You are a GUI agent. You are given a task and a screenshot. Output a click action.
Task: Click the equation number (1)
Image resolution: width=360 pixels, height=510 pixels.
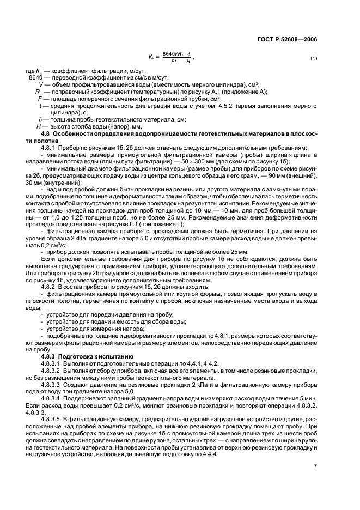pos(313,58)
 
